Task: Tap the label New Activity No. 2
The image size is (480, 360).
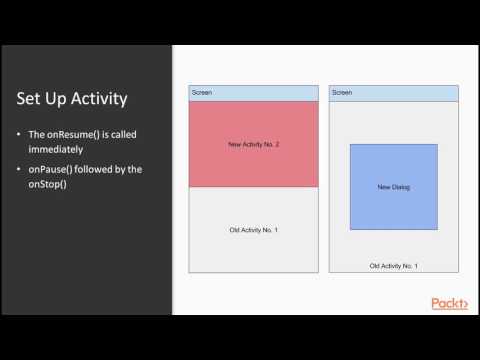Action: pyautogui.click(x=254, y=145)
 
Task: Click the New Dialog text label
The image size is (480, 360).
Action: pyautogui.click(x=393, y=187)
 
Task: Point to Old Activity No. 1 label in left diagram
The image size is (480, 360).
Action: pyautogui.click(x=254, y=231)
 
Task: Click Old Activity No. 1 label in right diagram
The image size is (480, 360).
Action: pyautogui.click(x=393, y=266)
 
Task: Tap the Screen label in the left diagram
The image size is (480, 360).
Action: pyautogui.click(x=201, y=93)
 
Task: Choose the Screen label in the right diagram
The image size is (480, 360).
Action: pyautogui.click(x=342, y=93)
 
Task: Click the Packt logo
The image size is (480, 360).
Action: pyautogui.click(x=450, y=303)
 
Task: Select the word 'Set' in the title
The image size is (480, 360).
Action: pyautogui.click(x=29, y=99)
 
